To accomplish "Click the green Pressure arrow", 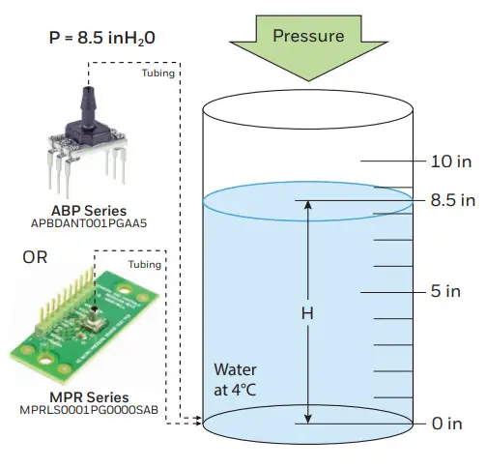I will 308,48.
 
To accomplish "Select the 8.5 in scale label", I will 453,201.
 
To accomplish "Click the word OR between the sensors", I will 35,258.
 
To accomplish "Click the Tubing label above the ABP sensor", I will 157,73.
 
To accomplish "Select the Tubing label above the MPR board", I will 145,265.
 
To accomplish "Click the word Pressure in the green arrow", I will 308,37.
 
